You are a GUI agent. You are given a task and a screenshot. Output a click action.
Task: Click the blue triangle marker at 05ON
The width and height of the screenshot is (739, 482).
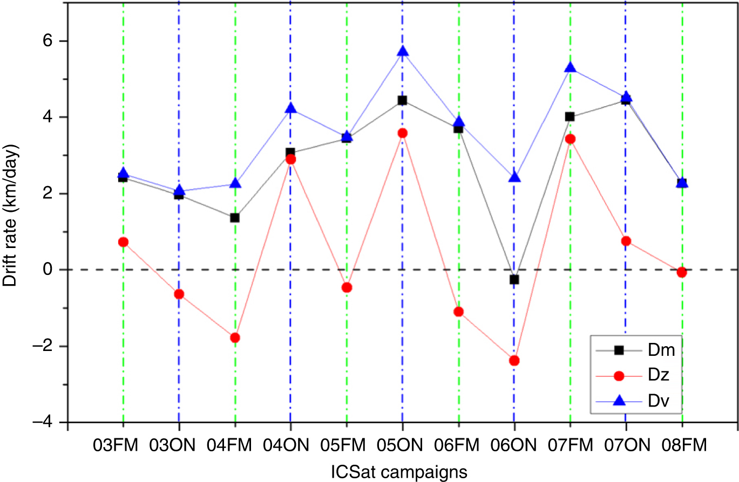(402, 51)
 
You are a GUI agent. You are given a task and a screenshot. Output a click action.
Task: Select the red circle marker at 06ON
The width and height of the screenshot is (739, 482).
(514, 360)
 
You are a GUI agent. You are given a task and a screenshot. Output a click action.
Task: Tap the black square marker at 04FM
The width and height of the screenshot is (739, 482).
(235, 218)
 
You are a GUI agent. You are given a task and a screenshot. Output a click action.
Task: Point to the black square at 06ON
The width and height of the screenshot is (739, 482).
(514, 279)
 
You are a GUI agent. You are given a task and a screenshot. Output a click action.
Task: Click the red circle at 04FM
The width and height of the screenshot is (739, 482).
(235, 338)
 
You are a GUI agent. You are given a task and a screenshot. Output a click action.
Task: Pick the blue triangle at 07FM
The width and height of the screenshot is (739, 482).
(570, 68)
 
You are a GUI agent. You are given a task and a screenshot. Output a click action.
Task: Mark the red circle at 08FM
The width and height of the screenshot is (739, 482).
(682, 272)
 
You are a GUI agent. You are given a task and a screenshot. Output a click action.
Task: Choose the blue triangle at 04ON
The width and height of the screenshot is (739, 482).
(290, 108)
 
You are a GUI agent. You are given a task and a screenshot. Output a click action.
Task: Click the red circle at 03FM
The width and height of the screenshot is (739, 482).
(123, 242)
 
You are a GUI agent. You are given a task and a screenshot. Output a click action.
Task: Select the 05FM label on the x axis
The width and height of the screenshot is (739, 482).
(346, 446)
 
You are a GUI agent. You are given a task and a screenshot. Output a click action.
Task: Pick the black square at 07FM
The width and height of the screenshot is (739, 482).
(570, 117)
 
